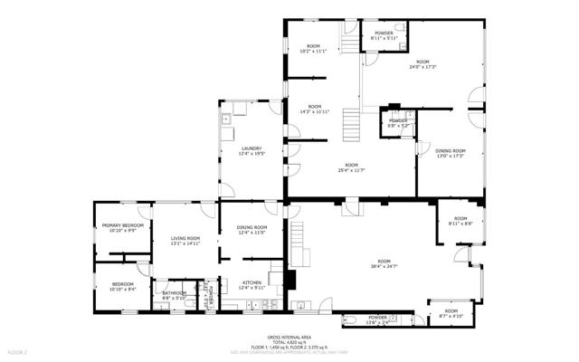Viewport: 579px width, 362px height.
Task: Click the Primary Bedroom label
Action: [123, 226]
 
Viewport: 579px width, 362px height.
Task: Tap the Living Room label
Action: [185, 240]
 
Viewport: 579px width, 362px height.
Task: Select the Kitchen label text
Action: [252, 283]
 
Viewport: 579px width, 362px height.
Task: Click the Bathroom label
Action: [174, 293]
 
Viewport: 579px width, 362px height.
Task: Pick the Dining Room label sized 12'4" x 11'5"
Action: [252, 229]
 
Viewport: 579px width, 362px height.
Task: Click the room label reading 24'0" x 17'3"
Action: [422, 63]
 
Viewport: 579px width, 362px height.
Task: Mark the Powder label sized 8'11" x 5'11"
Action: [384, 34]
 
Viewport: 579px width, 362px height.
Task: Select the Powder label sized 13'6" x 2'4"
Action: [377, 319]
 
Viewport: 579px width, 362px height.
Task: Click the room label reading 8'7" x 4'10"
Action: [451, 314]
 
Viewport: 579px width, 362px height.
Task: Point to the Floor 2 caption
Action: [17, 351]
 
